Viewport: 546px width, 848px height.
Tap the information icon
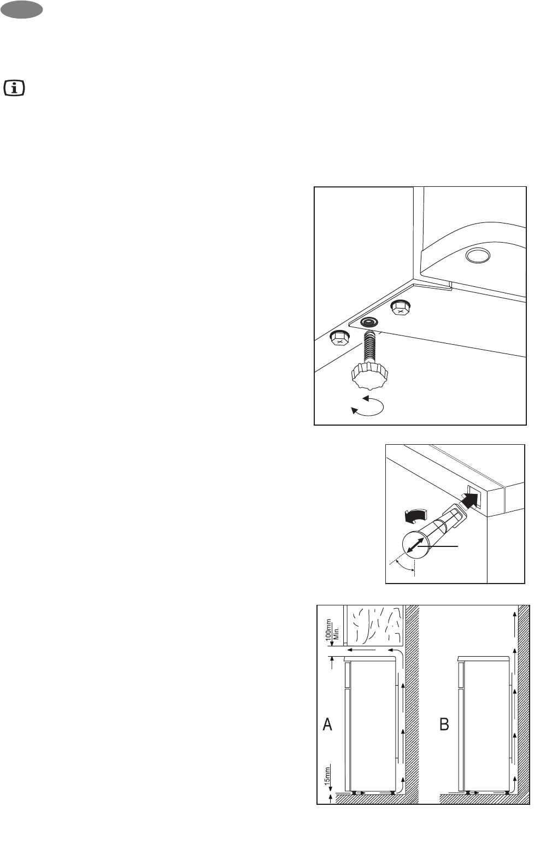pos(14,89)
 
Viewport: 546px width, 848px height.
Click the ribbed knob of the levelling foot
pos(369,375)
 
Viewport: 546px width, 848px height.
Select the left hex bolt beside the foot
pos(339,338)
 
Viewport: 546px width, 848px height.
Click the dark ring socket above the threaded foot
pos(369,322)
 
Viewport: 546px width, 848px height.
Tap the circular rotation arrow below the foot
pos(367,406)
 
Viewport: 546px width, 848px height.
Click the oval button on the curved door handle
pos(478,256)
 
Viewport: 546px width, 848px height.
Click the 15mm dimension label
pos(327,774)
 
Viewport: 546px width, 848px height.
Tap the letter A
pos(327,724)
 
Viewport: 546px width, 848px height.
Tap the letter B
pos(444,724)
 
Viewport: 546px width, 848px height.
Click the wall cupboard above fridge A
pos(374,625)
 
